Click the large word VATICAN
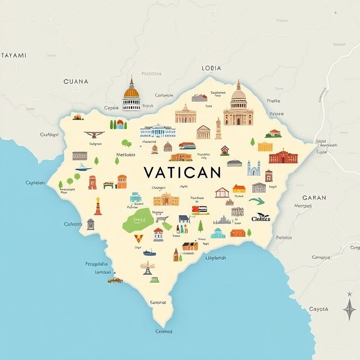(182, 172)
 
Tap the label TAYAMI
(14, 55)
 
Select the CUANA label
(75, 81)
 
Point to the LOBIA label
(211, 68)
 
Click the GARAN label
(314, 197)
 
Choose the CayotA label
(318, 309)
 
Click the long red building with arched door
(283, 157)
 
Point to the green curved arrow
(256, 201)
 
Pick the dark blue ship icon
(150, 252)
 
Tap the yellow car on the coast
(114, 280)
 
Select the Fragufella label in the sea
(97, 264)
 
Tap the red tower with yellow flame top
(97, 206)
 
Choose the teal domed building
(217, 232)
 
